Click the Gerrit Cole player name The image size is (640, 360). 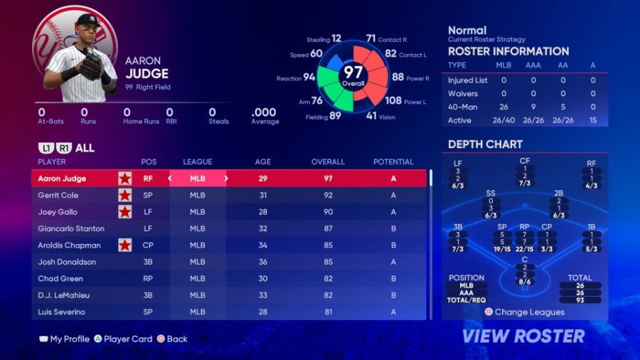pyautogui.click(x=58, y=195)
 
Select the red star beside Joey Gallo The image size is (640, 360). pyautogui.click(x=124, y=212)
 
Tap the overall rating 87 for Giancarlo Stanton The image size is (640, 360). pyautogui.click(x=328, y=228)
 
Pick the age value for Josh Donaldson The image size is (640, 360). pyautogui.click(x=263, y=262)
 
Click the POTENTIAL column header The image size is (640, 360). pyautogui.click(x=393, y=162)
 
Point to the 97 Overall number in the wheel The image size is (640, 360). pyautogui.click(x=353, y=72)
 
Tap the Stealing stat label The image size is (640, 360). pyautogui.click(x=317, y=40)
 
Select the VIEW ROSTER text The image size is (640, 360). pyautogui.click(x=523, y=336)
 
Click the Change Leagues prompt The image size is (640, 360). pyautogui.click(x=529, y=312)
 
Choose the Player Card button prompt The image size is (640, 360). pyautogui.click(x=127, y=339)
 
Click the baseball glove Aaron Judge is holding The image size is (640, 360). pyautogui.click(x=91, y=65)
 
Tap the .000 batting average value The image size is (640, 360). pyautogui.click(x=264, y=112)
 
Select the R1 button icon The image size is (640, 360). pyautogui.click(x=64, y=149)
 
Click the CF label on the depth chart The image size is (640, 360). pyautogui.click(x=525, y=161)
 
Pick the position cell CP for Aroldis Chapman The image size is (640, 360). pyautogui.click(x=149, y=245)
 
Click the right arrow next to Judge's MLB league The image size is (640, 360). pyautogui.click(x=226, y=179)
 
